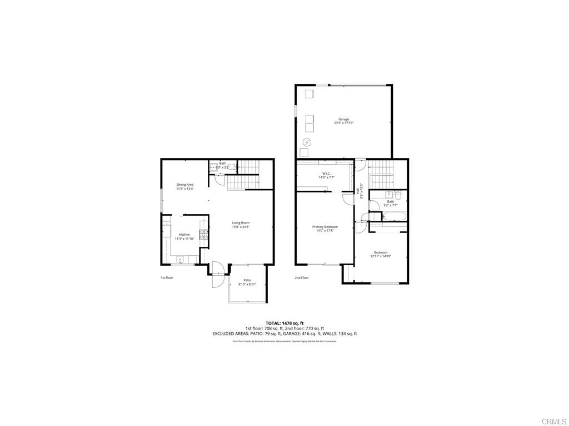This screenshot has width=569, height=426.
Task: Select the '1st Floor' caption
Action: pos(167,277)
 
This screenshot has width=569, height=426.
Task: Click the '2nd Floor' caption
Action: pos(301,277)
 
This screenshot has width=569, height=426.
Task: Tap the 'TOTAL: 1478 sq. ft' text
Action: pos(284,323)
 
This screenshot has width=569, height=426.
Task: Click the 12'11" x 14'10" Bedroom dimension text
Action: pos(381,256)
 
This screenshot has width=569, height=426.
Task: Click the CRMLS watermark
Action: pos(555,420)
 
